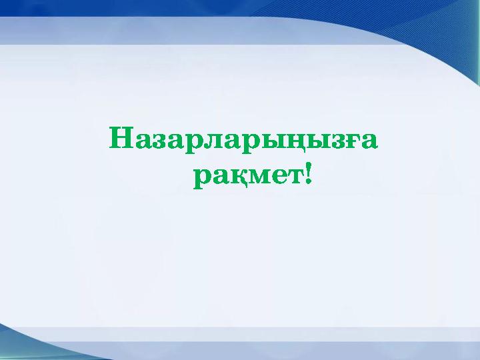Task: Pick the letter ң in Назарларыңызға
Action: point(285,142)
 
